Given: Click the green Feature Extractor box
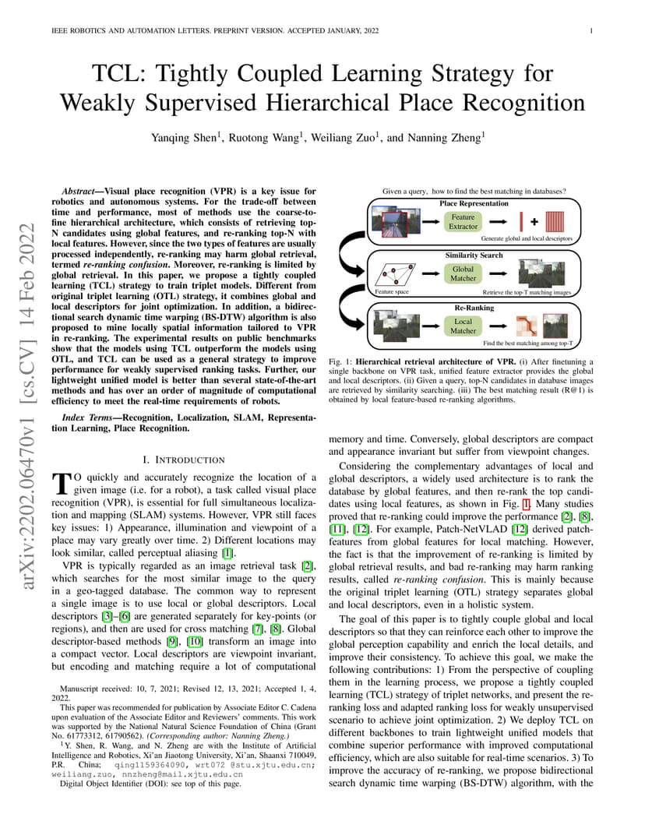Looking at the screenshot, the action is point(463,221).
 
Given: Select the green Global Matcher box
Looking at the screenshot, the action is point(463,273).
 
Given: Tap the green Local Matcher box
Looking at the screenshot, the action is point(463,326).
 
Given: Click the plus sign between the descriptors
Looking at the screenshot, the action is point(534,221).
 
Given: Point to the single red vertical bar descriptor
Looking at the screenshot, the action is point(521,221).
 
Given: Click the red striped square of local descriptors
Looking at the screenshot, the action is point(555,221).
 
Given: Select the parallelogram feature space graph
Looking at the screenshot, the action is point(395,274).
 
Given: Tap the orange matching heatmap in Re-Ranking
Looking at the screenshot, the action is point(527,326).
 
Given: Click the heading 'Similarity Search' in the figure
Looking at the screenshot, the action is point(474,255).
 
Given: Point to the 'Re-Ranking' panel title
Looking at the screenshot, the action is point(474,308).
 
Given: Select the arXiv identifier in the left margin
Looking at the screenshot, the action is point(27,405).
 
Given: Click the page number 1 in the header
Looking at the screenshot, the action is point(591,31).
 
